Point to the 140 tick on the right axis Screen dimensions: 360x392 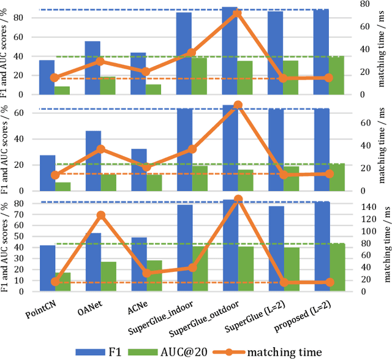tap(361, 208)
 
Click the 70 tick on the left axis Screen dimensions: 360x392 tap(31, 213)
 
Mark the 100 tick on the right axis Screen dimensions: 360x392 tap(361, 231)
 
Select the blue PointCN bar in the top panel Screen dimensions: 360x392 tap(47, 77)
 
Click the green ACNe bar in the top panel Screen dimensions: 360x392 tap(153, 89)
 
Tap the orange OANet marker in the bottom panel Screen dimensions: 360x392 tap(101, 216)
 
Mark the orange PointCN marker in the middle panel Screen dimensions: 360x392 tap(55, 175)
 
